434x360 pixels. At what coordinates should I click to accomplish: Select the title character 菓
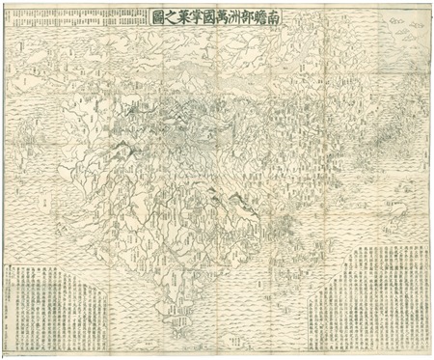188,16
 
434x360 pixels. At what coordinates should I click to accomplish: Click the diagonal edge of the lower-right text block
333,290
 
